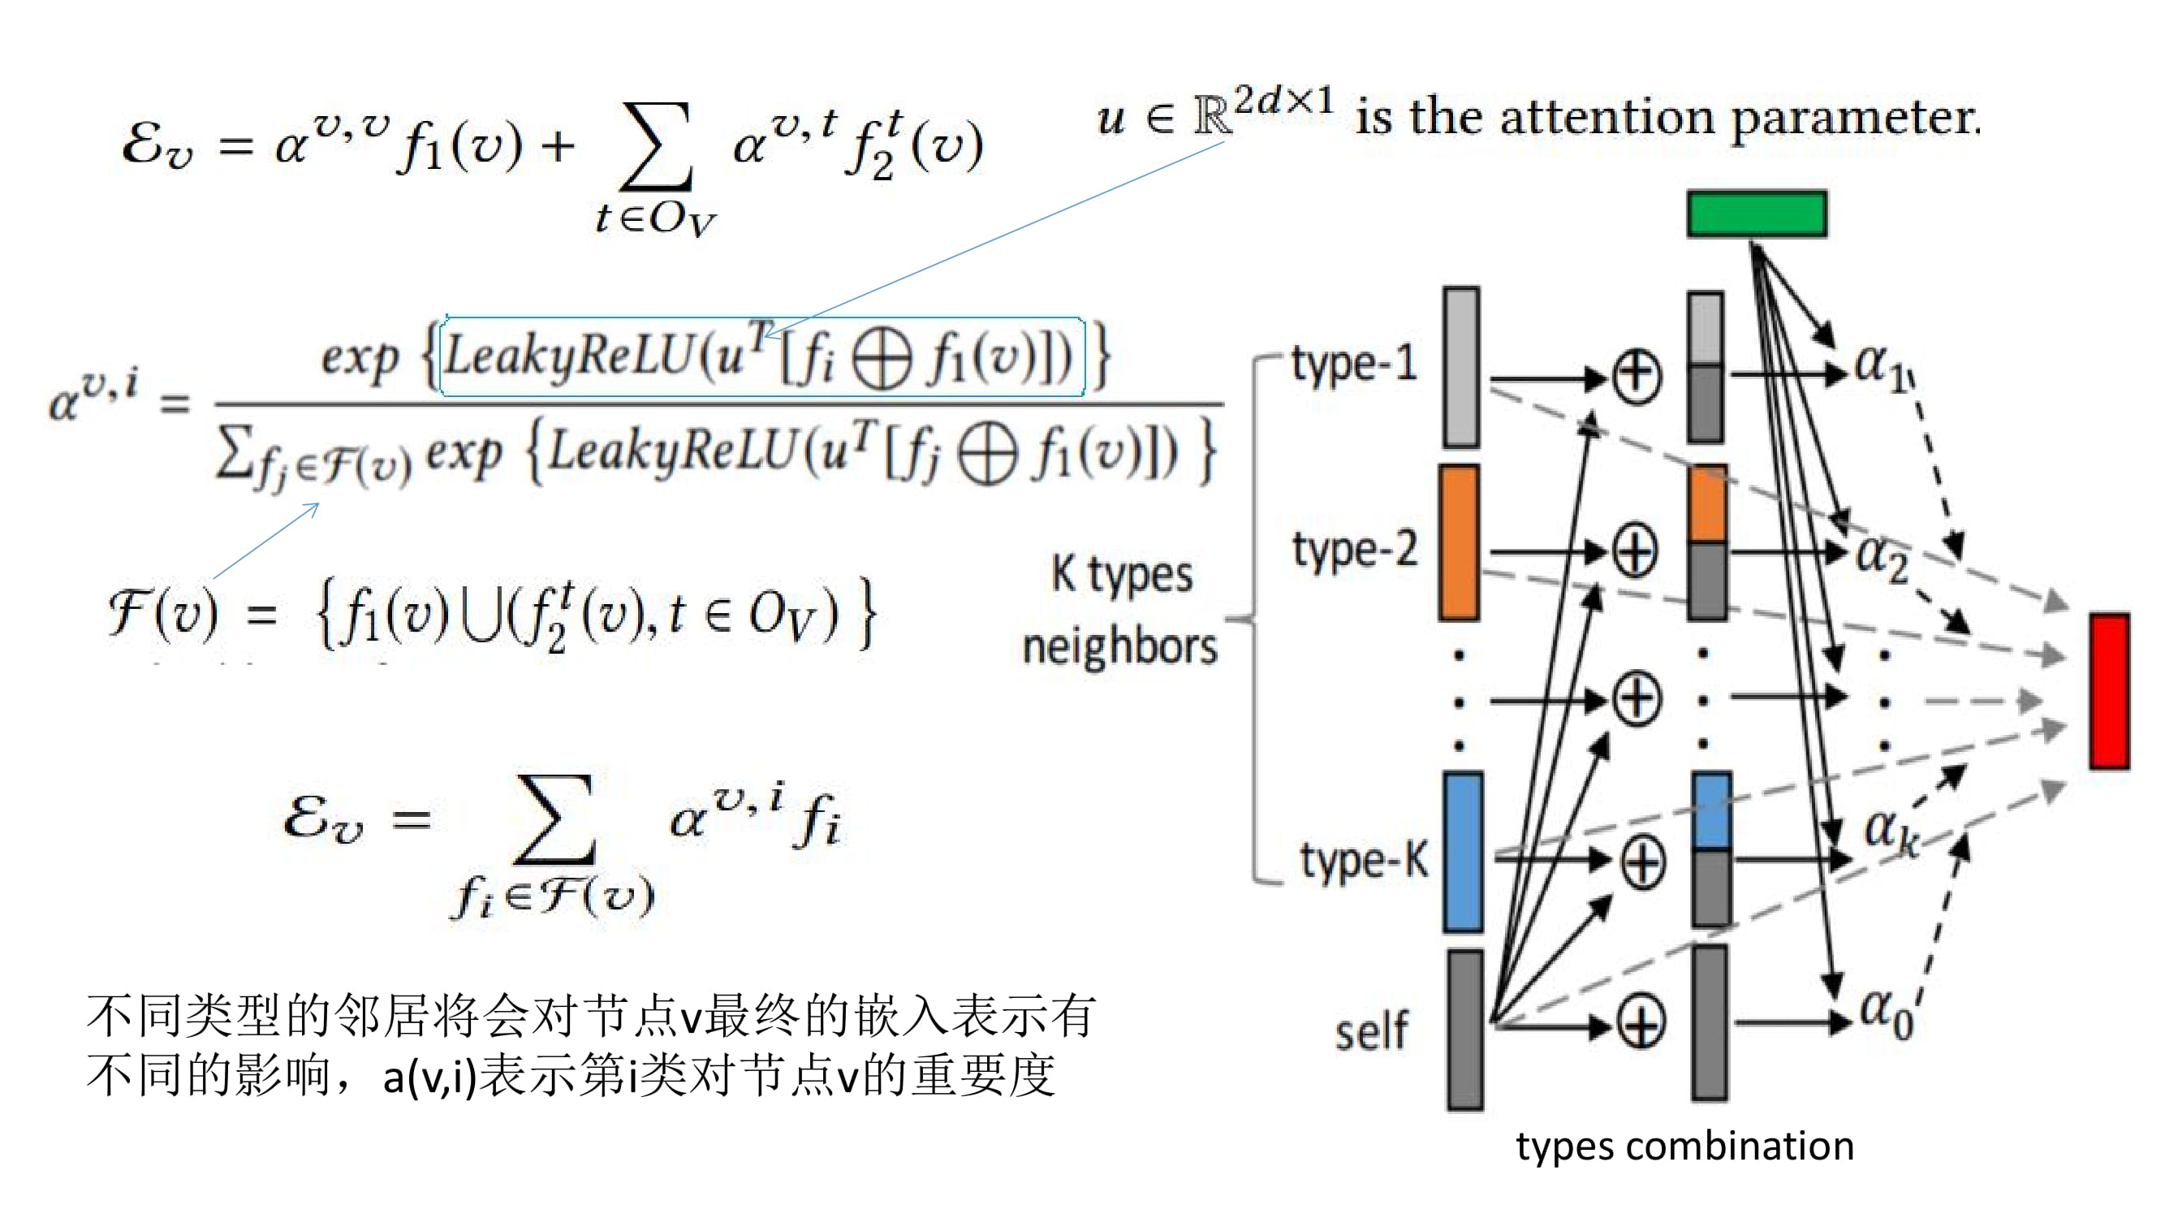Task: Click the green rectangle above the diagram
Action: point(1757,214)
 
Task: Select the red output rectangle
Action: point(2110,691)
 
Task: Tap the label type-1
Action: point(1354,363)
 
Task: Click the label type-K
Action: point(1363,859)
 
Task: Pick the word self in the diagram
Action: point(1372,1030)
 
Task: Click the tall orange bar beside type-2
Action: point(1459,543)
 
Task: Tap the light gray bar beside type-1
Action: point(1461,367)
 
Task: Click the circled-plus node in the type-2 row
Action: point(1636,551)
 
